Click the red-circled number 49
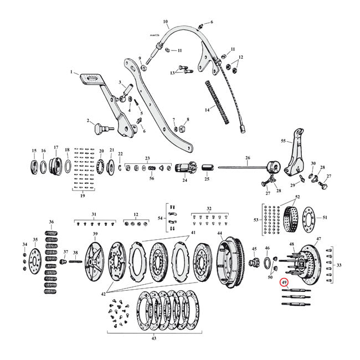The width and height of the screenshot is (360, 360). (x=284, y=282)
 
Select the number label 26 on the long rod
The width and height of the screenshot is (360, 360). (x=247, y=157)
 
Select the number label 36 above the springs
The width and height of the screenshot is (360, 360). (x=52, y=222)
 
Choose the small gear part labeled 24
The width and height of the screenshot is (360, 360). (x=185, y=167)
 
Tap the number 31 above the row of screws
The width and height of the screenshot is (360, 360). (x=94, y=214)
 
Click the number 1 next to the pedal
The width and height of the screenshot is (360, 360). (x=71, y=73)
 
